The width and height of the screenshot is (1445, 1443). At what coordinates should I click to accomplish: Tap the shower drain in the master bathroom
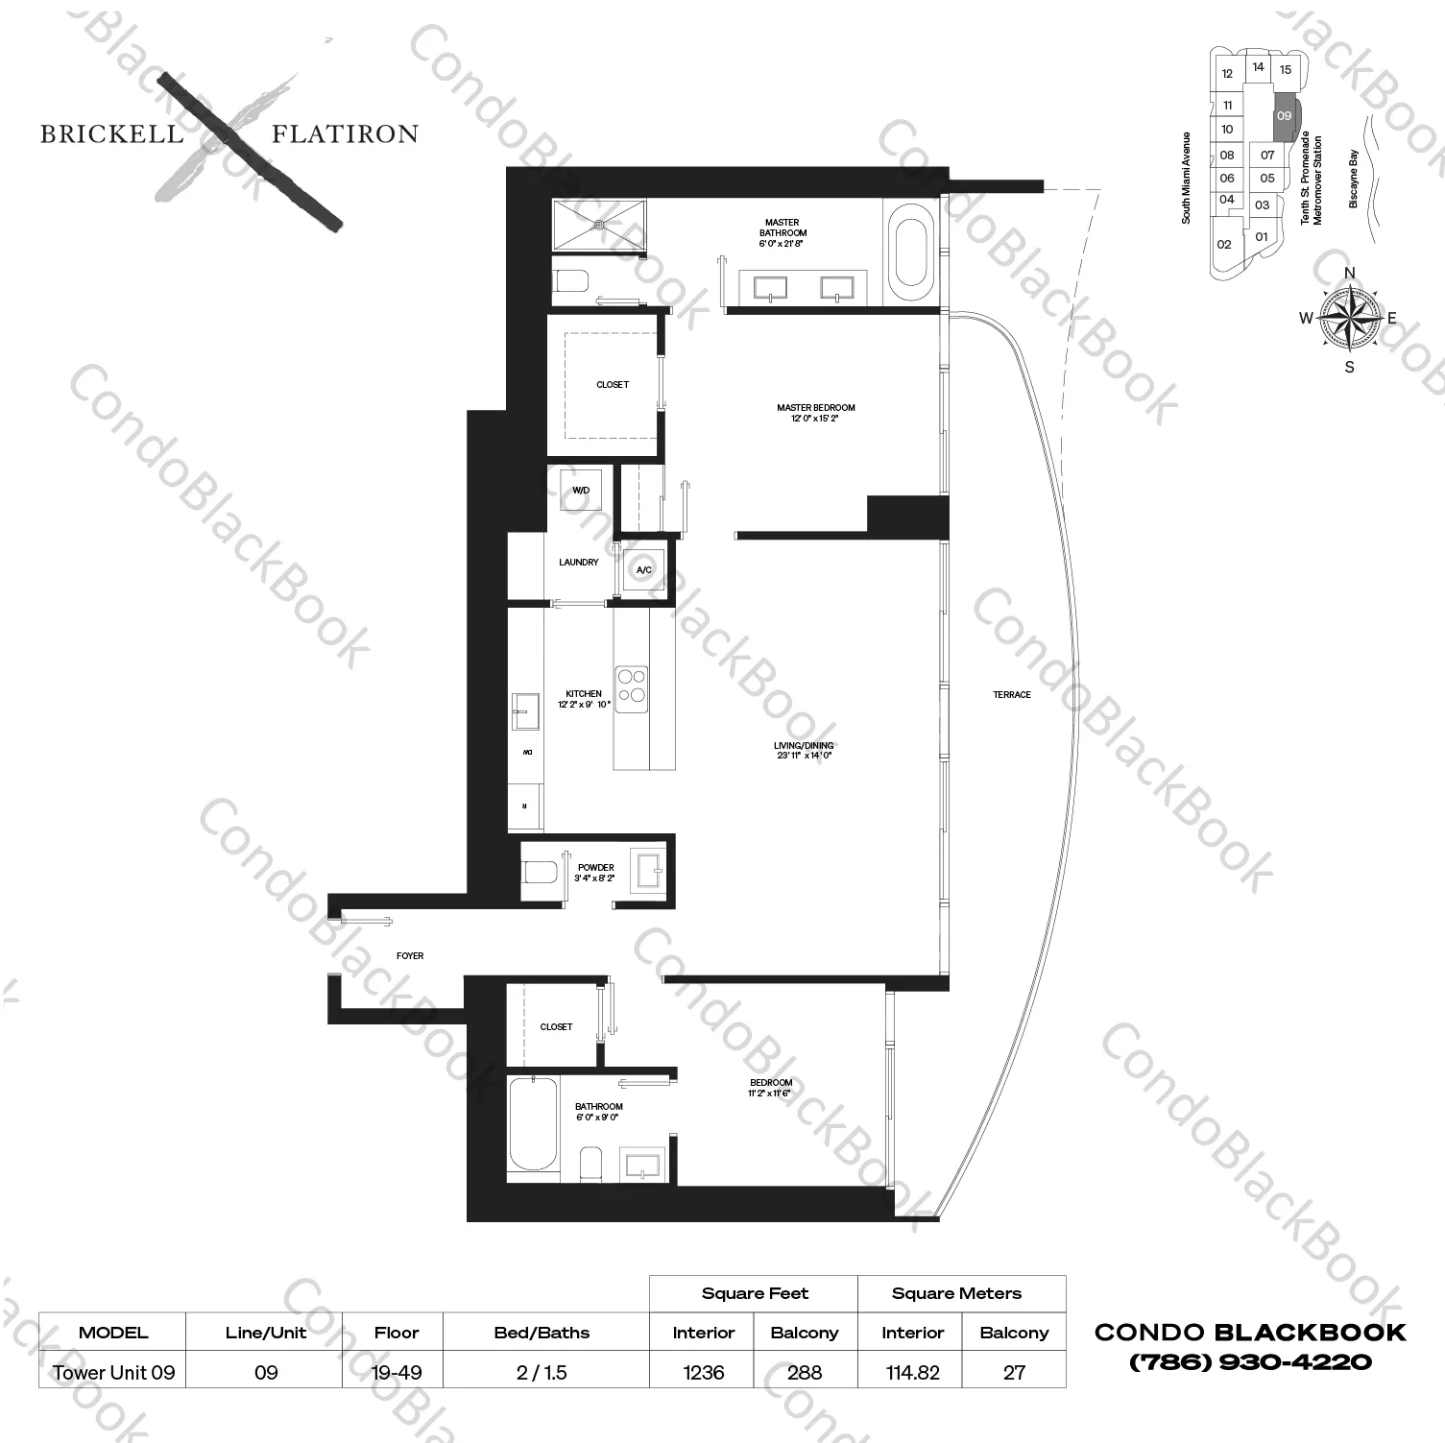pos(599,225)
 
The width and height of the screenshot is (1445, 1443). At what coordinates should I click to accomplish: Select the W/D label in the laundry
pos(581,491)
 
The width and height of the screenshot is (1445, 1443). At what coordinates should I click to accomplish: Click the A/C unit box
pos(644,570)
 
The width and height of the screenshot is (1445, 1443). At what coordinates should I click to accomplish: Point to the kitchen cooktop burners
pos(632,688)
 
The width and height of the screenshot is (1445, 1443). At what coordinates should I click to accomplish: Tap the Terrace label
pos(1012,694)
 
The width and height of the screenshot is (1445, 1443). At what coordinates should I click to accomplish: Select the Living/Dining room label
pos(804,750)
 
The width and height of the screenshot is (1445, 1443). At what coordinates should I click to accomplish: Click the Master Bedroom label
pos(815,413)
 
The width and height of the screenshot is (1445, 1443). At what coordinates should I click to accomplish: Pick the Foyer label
pos(410,956)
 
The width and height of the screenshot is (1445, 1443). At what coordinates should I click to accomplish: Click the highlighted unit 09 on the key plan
pos(1284,116)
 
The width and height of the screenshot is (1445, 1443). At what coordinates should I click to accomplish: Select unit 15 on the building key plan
pos(1286,69)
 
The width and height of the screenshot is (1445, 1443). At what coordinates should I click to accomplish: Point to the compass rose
pos(1349,319)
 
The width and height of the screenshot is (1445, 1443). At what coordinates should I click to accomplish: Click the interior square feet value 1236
pos(703,1372)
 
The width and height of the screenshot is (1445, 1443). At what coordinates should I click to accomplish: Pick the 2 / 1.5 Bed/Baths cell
pos(542,1372)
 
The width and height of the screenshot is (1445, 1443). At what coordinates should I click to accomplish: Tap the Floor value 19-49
pos(397,1372)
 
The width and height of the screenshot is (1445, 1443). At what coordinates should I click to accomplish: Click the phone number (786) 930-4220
pos(1249,1361)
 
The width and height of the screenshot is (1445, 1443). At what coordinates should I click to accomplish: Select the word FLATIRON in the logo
pos(345,134)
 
